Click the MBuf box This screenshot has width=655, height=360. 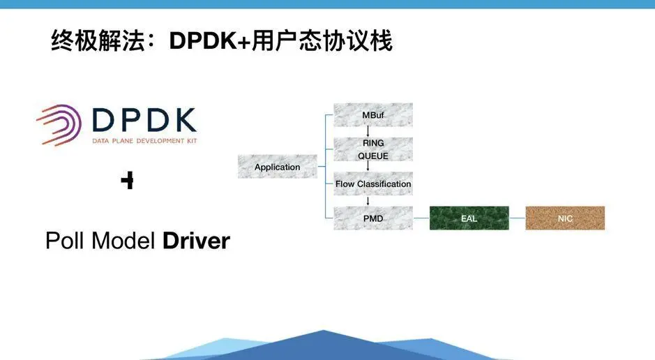tap(373, 114)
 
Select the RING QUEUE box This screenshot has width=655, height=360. tap(373, 149)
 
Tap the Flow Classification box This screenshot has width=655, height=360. tap(373, 183)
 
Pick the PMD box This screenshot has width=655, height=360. tap(373, 218)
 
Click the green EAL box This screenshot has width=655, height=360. tap(469, 218)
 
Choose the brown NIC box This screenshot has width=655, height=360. tap(565, 218)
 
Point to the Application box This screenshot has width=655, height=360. tap(277, 167)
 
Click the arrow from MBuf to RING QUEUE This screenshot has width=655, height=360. tap(368, 132)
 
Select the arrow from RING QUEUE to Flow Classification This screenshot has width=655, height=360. tap(368, 166)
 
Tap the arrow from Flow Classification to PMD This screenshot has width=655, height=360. tap(368, 201)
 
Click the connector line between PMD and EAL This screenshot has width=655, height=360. tap(421, 218)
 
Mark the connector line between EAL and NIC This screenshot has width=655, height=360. tap(517, 218)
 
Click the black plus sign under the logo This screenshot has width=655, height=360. tap(127, 181)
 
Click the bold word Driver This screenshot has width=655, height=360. tap(196, 241)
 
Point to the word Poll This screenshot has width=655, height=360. tap(64, 241)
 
